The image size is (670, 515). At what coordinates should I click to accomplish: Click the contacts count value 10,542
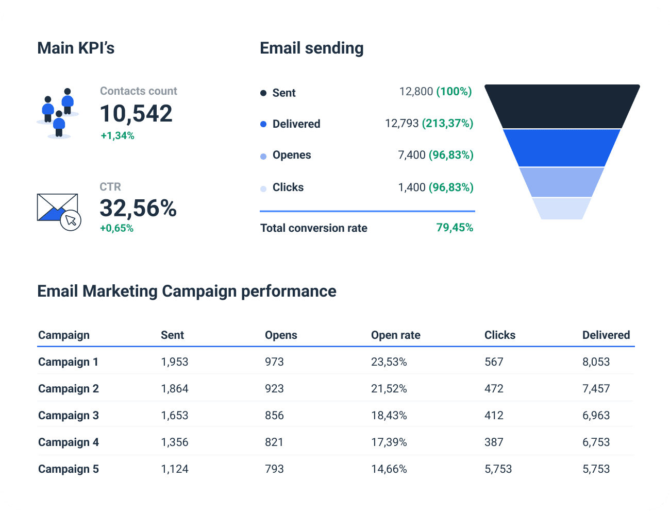click(136, 114)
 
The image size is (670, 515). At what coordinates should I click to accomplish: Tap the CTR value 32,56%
click(138, 208)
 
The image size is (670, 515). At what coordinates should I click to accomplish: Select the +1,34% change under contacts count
click(118, 136)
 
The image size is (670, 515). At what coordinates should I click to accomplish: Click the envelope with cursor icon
click(59, 212)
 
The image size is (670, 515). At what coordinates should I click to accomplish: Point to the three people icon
click(58, 113)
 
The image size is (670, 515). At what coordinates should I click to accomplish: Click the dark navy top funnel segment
click(562, 106)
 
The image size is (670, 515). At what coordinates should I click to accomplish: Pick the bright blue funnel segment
click(562, 148)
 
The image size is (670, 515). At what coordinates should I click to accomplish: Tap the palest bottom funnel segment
click(562, 209)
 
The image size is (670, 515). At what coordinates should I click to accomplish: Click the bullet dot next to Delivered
click(263, 124)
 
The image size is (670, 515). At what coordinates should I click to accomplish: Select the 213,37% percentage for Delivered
click(447, 124)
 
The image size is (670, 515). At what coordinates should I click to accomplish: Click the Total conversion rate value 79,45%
click(455, 228)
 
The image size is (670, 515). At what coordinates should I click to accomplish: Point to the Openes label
click(292, 155)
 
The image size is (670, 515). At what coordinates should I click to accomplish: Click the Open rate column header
click(395, 335)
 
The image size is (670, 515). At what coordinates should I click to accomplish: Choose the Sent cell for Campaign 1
click(175, 362)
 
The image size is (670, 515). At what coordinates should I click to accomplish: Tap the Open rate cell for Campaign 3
click(389, 416)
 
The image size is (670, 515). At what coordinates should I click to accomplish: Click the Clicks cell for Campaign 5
click(498, 469)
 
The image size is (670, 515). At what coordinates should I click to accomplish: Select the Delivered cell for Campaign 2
click(596, 389)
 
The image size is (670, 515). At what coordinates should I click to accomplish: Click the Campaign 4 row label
click(69, 442)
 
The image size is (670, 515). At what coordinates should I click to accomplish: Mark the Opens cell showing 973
click(274, 362)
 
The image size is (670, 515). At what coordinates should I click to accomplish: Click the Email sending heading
click(312, 48)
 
